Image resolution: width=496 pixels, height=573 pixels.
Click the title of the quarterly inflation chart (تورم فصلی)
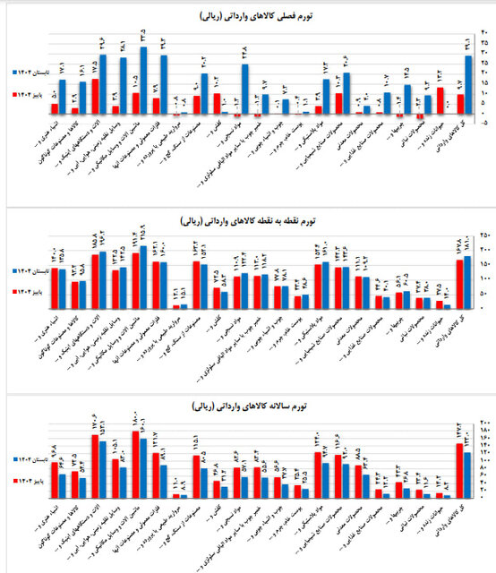click(248, 17)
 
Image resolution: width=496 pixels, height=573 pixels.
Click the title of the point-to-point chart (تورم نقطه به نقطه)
click(248, 218)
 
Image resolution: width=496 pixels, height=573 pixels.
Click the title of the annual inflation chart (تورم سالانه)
click(248, 408)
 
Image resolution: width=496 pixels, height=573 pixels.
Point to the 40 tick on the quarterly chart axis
click(484, 33)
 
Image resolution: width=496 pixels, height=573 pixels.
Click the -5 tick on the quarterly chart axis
click(484, 124)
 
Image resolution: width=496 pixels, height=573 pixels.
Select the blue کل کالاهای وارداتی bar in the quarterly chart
click(468, 85)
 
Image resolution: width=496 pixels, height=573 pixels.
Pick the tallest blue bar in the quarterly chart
click(143, 81)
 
